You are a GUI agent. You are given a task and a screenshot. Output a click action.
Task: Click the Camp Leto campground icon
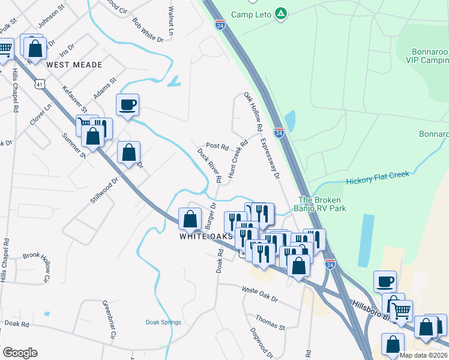[280, 13]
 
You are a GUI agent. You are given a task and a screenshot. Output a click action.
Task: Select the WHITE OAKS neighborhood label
[206, 236]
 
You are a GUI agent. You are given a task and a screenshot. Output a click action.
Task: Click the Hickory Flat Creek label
[378, 178]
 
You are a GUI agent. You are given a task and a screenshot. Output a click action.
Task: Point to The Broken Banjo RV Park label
[323, 204]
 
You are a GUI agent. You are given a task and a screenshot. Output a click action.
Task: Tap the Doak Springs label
[163, 322]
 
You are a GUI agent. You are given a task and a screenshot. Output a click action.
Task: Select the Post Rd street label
[217, 146]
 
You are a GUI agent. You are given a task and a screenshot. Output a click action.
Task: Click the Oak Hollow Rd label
[253, 112]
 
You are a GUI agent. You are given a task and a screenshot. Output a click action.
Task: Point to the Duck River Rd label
[209, 165]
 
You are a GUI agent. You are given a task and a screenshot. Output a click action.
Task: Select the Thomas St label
[270, 322]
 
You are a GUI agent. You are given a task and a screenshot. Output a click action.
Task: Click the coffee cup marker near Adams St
[127, 106]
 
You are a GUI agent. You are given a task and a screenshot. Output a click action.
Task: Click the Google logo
[20, 353]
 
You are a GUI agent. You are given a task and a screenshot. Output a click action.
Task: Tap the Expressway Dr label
[270, 158]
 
